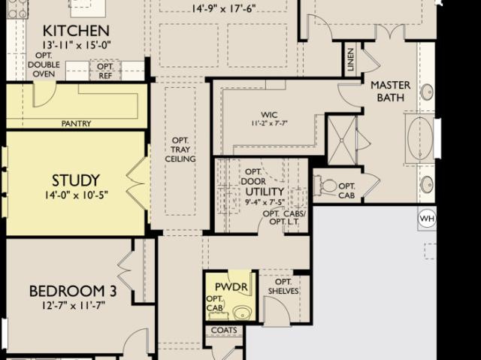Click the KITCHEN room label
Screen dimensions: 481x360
pos(76,31)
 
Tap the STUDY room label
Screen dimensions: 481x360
pos(76,180)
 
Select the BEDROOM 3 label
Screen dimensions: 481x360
pos(73,291)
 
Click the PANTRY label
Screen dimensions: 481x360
pos(76,123)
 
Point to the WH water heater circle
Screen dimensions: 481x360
pos(427,219)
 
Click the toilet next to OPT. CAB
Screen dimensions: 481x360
pos(325,186)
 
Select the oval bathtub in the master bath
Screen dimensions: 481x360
pos(419,138)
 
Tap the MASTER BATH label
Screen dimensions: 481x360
pos(390,91)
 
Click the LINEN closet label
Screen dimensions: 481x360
pos(351,59)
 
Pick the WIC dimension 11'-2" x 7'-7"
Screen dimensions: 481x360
pos(269,123)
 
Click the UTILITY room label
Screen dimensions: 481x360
pos(265,192)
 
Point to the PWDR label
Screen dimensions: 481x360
pos(231,287)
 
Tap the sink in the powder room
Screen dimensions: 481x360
pos(242,313)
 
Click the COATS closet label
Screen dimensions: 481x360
pos(224,330)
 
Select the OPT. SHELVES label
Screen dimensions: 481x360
pos(283,286)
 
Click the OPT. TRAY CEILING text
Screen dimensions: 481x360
pos(180,150)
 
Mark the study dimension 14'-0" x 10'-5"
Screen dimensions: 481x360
pos(76,195)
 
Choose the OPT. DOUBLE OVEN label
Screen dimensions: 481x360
pos(44,65)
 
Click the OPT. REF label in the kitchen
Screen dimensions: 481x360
pos(105,71)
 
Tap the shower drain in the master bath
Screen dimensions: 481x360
pos(342,141)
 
